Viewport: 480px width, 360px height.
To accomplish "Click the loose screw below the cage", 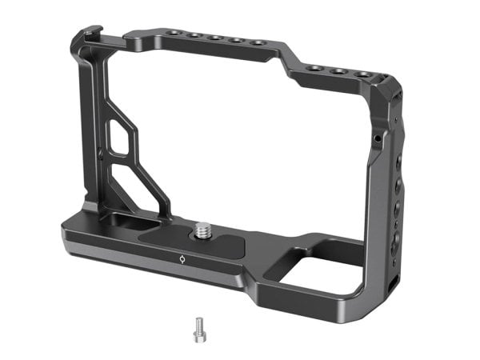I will [198, 326].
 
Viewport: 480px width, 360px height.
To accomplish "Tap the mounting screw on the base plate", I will [203, 230].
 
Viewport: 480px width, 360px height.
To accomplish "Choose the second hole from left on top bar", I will [195, 36].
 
